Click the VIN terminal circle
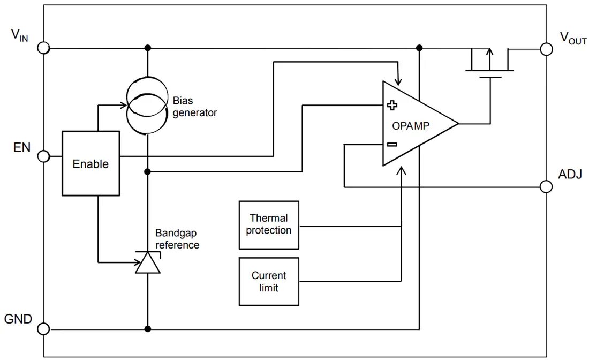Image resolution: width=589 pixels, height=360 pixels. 43,48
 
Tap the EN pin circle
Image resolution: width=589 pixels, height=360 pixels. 43,156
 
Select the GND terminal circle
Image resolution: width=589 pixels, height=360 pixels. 43,329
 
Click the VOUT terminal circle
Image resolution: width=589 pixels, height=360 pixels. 546,49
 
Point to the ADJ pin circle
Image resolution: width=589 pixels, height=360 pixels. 546,186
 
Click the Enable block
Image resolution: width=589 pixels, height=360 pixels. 91,163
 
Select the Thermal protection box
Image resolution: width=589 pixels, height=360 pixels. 269,225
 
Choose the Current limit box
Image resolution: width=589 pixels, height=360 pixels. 269,281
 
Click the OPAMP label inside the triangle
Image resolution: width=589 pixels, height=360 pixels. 411,126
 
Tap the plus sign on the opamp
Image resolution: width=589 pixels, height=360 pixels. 392,105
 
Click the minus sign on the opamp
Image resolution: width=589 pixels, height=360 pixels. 392,144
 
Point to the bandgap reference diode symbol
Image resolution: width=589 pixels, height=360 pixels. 148,262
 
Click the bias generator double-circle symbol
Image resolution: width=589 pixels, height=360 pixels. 147,105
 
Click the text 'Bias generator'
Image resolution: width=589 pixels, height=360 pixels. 194,107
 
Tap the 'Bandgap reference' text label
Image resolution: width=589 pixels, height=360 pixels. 177,239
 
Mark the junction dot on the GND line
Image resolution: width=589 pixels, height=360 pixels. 148,329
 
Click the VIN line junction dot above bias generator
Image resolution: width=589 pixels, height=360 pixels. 148,48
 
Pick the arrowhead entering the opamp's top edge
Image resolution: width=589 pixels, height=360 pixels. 399,81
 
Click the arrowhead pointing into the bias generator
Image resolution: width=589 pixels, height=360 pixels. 123,105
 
